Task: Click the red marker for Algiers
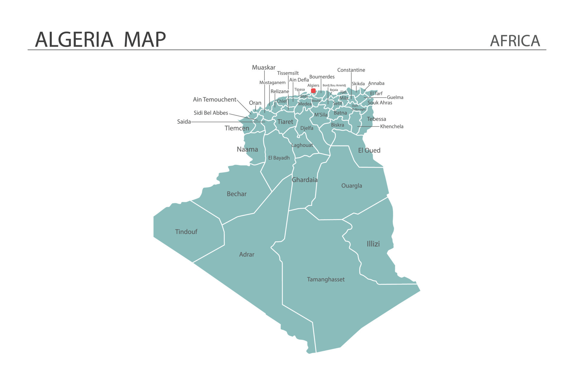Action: [313, 91]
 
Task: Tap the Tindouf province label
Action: [186, 232]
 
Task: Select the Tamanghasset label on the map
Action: [326, 279]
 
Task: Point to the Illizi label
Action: [373, 244]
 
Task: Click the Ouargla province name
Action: [352, 186]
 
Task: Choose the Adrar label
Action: [247, 254]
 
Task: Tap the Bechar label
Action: [236, 194]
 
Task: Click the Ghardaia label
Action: [304, 180]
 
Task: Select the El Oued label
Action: [369, 150]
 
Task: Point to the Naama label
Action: [247, 149]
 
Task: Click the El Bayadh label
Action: [279, 158]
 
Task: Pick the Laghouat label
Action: [302, 145]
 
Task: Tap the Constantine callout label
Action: [351, 70]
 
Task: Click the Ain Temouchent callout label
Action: [214, 99]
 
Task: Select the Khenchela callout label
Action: [392, 126]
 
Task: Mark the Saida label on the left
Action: [184, 122]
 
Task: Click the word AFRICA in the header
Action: [515, 41]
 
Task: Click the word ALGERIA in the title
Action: [74, 39]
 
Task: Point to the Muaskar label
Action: [263, 67]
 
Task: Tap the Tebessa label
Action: [376, 119]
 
